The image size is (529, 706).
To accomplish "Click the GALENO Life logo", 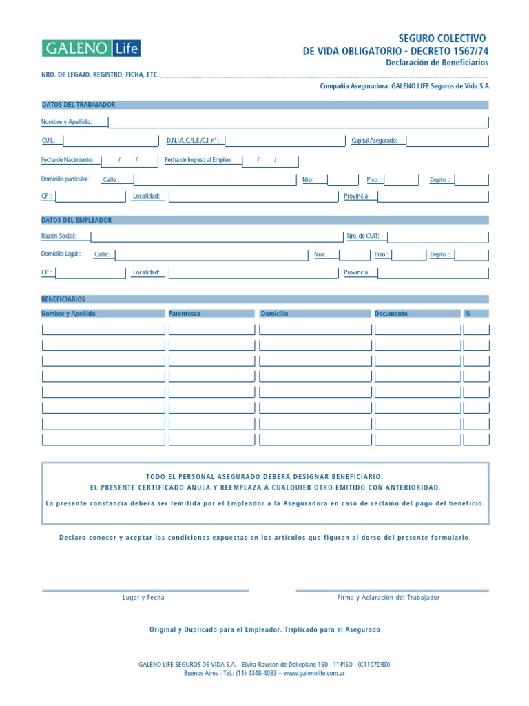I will (92, 48).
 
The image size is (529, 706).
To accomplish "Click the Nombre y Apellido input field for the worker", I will (298, 122).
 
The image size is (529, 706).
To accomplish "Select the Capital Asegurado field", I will (447, 141).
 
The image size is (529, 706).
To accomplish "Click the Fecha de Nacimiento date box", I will (130, 160).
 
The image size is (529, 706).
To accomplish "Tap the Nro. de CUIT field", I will (437, 236).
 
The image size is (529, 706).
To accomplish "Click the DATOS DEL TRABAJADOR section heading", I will (79, 105).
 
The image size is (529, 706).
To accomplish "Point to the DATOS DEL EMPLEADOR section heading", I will (76, 220).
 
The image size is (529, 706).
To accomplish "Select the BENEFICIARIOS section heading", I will (63, 300).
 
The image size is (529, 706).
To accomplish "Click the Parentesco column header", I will (185, 314).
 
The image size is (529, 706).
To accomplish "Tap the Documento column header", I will (391, 314).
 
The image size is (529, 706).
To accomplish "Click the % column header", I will (468, 314).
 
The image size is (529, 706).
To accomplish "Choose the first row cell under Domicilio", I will (315, 329).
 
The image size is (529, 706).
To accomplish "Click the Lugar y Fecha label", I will (143, 598).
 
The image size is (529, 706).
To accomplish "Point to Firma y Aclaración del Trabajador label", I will (388, 598).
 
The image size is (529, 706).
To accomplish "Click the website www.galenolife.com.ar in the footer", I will (313, 673).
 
